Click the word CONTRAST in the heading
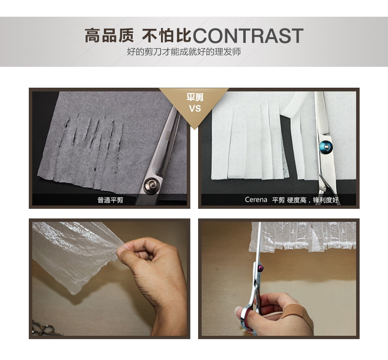248,35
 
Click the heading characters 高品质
109,35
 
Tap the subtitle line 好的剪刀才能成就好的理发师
184,52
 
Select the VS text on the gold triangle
195,109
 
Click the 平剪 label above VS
195,97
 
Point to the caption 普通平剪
111,200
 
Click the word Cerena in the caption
256,200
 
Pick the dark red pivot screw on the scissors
261,268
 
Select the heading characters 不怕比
166,35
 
